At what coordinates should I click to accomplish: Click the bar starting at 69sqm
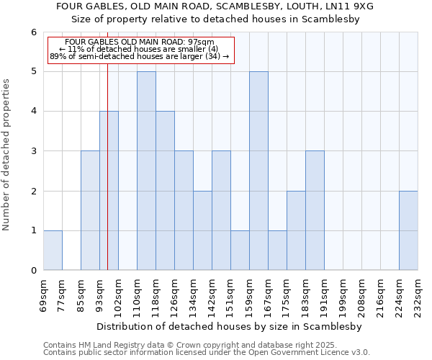[53, 250]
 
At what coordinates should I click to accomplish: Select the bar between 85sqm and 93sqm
[90, 210]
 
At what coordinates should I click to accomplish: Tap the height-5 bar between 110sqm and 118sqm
[146, 171]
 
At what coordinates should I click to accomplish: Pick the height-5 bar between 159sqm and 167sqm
[258, 171]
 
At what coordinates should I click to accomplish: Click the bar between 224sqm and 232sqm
[408, 230]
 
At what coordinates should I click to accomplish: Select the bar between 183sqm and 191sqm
[315, 210]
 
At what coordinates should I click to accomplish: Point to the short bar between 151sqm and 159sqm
[240, 250]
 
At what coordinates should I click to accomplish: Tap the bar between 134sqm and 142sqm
[202, 230]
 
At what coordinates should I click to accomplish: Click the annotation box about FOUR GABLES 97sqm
[141, 50]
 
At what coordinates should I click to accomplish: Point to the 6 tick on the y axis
[33, 32]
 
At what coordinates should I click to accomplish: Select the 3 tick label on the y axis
[33, 151]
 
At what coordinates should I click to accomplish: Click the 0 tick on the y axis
[33, 270]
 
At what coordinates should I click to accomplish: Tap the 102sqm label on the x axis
[118, 293]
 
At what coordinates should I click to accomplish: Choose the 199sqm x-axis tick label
[343, 293]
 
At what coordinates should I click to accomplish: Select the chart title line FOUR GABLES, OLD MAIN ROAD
[215, 6]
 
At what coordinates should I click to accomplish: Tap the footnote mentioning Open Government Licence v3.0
[207, 353]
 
